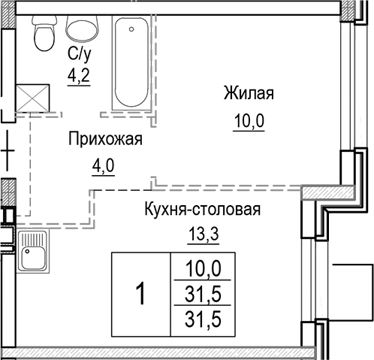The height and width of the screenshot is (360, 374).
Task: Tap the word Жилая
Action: [x=248, y=94]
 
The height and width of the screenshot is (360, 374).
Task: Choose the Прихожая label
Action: [x=104, y=140]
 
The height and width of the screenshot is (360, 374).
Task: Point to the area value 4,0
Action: [x=104, y=165]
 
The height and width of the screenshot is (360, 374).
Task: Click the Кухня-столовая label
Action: [x=203, y=210]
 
